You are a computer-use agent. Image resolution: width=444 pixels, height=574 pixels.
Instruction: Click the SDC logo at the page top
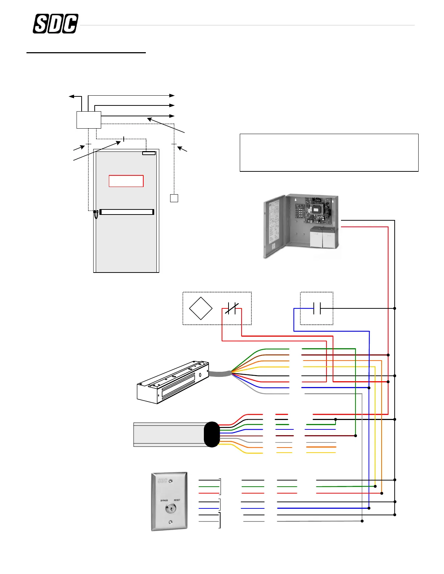(x=55, y=24)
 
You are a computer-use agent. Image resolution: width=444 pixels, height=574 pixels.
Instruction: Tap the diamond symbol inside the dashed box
(x=201, y=308)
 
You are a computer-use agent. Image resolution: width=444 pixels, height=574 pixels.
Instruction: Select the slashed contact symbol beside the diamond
(x=232, y=308)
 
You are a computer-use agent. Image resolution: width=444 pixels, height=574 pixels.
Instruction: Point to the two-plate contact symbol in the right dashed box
(x=317, y=308)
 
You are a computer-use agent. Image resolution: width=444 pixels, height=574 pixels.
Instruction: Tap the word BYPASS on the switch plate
(x=164, y=500)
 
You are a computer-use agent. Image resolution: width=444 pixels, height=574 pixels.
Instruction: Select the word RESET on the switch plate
(x=177, y=500)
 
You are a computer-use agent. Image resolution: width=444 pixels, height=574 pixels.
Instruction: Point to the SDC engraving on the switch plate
(x=163, y=481)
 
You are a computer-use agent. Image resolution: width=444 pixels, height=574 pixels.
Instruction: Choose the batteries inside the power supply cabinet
(x=323, y=237)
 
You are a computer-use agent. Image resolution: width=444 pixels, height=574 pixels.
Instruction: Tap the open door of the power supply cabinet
(x=274, y=226)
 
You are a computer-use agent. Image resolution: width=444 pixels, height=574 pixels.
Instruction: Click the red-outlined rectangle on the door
(x=126, y=181)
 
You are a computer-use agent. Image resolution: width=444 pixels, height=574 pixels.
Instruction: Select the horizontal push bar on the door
(x=127, y=212)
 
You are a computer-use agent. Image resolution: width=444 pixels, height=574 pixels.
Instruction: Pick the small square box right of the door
(x=174, y=198)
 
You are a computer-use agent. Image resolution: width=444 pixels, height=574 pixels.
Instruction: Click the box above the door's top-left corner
(x=89, y=120)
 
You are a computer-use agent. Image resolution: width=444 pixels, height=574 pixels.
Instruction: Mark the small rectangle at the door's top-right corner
(x=149, y=153)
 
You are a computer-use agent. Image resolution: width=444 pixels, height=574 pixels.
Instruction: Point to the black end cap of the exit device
(x=212, y=434)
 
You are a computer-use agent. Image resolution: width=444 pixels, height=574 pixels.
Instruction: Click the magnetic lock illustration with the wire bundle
(x=173, y=382)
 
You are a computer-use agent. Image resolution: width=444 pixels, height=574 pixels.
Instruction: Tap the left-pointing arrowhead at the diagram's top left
(x=71, y=96)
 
